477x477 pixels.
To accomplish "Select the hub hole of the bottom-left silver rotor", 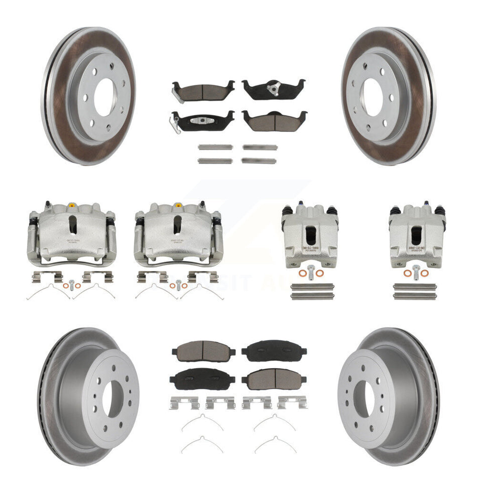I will point(112,399).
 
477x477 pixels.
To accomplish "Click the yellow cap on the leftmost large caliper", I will point(71,205).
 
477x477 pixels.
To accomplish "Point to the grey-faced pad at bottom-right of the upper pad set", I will point(274,120).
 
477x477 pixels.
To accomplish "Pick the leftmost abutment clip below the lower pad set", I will point(183,402).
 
